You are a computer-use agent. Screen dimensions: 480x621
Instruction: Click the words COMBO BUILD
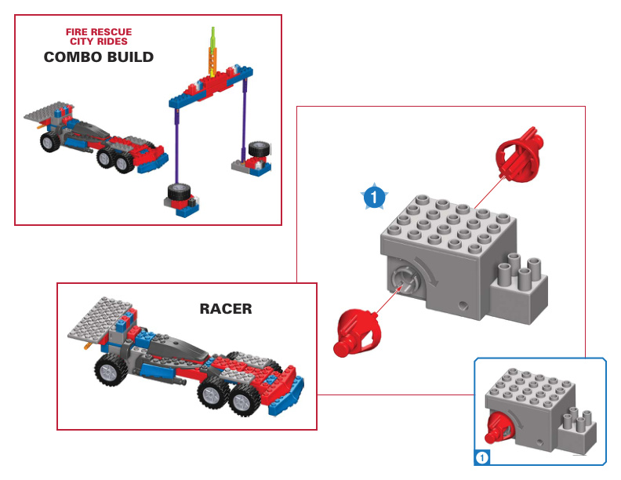coord(98,57)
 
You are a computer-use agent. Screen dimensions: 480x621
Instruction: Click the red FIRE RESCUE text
coord(99,32)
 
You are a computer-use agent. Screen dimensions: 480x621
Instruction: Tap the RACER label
coord(226,308)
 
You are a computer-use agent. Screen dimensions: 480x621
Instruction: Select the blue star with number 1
coord(375,197)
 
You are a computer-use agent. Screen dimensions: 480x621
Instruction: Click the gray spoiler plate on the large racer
coord(100,321)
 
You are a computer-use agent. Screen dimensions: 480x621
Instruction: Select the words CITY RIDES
coord(99,42)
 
